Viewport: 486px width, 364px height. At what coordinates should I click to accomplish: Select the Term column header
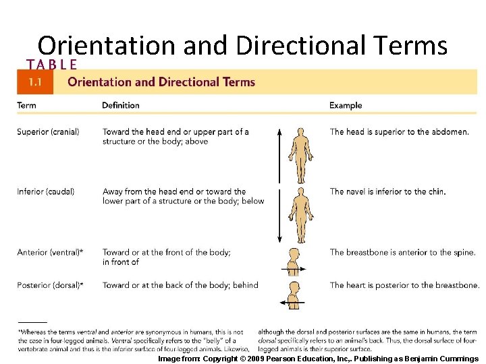click(26, 105)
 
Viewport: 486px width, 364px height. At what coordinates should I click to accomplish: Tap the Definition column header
click(121, 105)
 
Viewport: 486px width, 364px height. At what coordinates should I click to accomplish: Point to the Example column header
click(346, 105)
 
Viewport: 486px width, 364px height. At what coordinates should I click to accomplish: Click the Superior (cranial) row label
click(48, 131)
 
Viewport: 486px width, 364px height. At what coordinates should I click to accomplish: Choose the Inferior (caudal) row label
click(45, 191)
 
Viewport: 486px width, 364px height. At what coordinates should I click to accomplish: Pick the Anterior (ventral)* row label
click(50, 252)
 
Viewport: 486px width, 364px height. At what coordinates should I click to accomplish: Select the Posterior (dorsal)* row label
click(50, 285)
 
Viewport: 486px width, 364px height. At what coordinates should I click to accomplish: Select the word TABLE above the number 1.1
click(51, 65)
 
